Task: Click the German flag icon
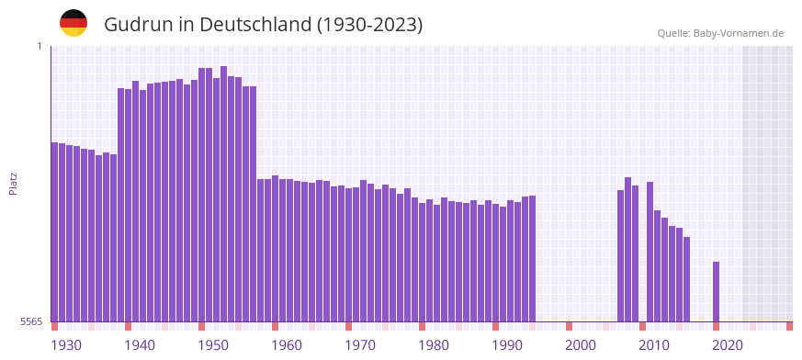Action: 73,24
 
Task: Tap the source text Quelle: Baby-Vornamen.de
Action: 720,33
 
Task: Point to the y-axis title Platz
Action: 13,184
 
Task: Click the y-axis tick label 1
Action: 40,46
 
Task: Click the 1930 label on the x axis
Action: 66,345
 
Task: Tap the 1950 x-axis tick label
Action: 213,345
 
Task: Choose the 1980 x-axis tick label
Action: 434,345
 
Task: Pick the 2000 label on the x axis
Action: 581,345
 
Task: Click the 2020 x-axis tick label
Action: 728,345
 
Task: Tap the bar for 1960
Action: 275,248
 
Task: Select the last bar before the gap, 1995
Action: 532,258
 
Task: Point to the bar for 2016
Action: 686,279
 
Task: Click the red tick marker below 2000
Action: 569,326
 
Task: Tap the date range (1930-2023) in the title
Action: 369,25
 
